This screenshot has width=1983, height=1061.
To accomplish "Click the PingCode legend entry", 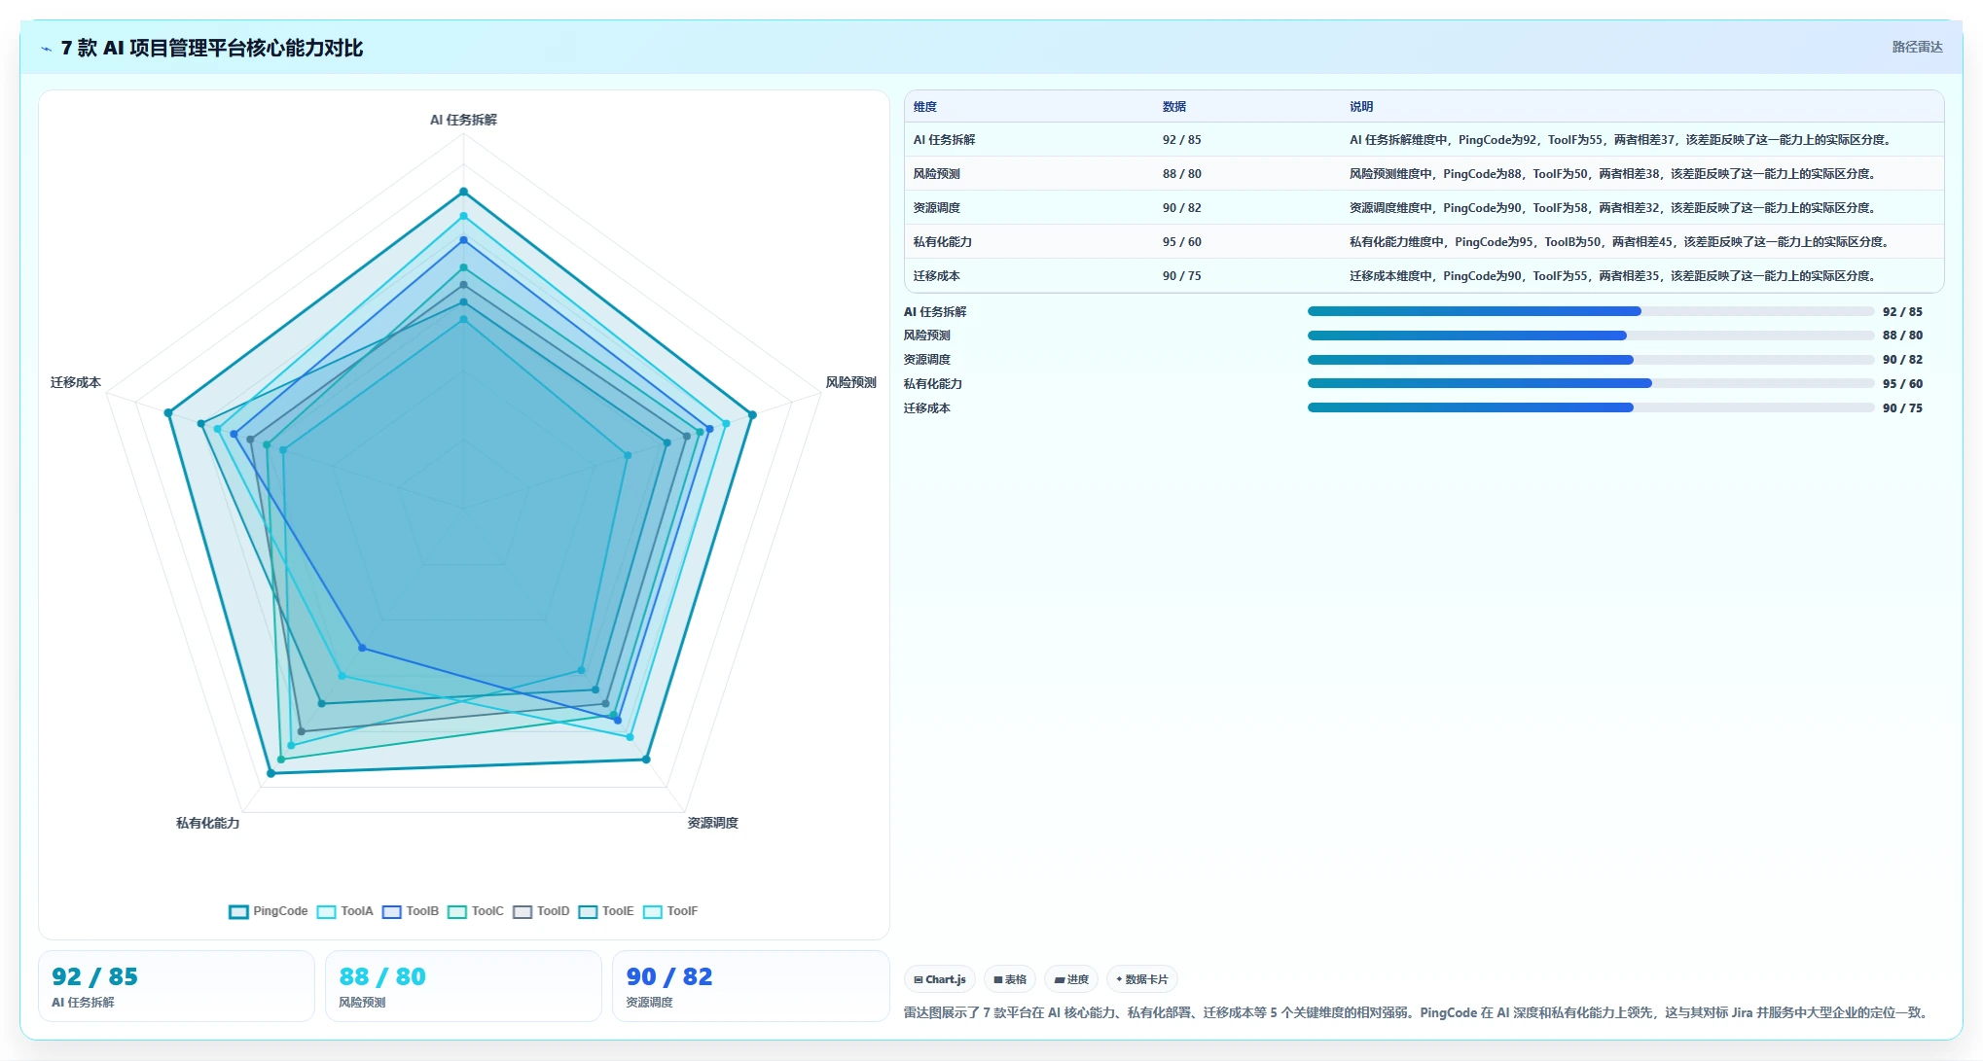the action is (269, 911).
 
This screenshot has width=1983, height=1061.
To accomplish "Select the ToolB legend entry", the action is (411, 911).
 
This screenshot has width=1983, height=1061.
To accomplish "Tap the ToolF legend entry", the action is (670, 911).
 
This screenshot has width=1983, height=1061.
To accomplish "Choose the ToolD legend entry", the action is (541, 911).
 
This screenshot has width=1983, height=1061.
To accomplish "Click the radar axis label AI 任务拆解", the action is (463, 120).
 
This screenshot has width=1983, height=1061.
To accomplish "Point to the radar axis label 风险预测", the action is (850, 382).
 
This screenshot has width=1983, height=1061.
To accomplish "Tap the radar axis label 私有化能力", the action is (207, 823).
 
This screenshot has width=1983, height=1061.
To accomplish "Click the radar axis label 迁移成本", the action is (76, 382).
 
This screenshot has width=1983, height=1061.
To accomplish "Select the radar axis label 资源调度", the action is (712, 823).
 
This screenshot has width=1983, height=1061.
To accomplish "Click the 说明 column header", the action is (1361, 107).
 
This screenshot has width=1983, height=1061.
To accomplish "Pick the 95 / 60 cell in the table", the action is (1181, 242).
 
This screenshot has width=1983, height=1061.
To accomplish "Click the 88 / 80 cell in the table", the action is (1181, 174).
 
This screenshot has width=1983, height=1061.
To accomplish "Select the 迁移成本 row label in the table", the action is (936, 276).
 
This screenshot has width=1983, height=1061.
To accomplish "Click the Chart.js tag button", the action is (940, 979).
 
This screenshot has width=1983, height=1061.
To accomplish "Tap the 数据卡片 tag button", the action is (1142, 979).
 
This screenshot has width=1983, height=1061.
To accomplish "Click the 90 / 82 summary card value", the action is (669, 976).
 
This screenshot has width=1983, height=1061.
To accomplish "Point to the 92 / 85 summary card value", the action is (94, 976).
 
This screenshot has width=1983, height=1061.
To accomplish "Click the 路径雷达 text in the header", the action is (1917, 47).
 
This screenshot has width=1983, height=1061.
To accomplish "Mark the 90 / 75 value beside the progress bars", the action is (1902, 408).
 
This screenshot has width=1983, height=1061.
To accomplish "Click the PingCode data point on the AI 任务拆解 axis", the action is (463, 192).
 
